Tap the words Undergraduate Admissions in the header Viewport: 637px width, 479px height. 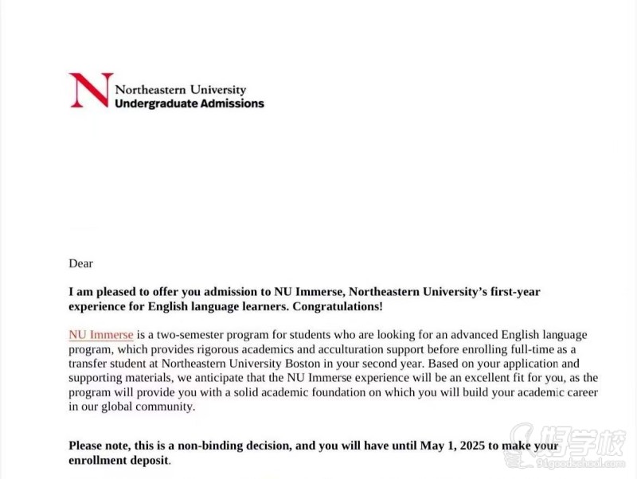pos(190,103)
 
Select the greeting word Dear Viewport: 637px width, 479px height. pos(81,263)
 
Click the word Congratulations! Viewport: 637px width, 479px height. pos(342,306)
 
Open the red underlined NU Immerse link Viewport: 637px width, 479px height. pos(101,335)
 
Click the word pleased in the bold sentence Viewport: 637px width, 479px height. pos(113,291)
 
